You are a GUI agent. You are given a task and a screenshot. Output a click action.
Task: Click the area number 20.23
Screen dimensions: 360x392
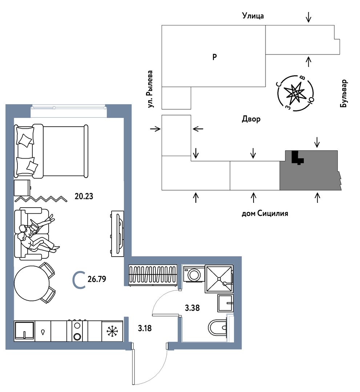[x=84, y=196]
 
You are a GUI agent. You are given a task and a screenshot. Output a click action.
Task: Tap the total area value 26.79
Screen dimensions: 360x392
[x=97, y=279]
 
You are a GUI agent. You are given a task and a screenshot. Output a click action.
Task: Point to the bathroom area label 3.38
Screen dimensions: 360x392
[x=192, y=308]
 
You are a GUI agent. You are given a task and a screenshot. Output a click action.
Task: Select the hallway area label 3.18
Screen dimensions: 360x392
[x=145, y=328]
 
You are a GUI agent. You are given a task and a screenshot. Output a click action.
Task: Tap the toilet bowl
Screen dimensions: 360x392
[x=218, y=327]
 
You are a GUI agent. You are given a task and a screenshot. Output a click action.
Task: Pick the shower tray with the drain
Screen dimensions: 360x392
[x=219, y=279]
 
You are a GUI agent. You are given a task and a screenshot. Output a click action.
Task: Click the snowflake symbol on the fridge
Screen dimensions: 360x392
[x=112, y=331]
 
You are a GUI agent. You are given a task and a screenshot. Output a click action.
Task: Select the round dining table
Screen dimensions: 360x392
[x=32, y=283]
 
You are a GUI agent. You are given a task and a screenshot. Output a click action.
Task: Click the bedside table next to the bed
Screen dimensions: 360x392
[x=22, y=188]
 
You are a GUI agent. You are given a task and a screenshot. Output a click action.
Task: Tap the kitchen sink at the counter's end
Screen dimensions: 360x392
[x=24, y=331]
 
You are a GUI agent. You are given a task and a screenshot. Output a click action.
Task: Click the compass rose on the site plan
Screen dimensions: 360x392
[x=295, y=93]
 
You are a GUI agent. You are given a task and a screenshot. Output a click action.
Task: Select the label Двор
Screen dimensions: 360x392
[x=251, y=119]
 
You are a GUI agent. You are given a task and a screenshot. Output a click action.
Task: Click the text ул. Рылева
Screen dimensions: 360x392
[x=150, y=89]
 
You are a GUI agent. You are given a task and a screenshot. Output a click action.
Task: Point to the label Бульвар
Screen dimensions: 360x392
[x=344, y=94]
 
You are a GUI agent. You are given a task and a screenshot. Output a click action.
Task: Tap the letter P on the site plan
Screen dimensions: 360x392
[x=214, y=57]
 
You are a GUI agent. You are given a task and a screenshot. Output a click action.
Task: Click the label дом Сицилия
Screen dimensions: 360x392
[x=265, y=213]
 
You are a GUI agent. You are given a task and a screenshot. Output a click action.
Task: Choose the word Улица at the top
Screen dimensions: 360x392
[x=253, y=16]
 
